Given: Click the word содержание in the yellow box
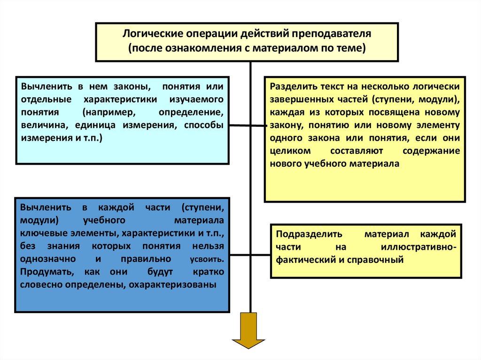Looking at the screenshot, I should point(431,151).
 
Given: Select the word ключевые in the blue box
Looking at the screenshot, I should point(39,233).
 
